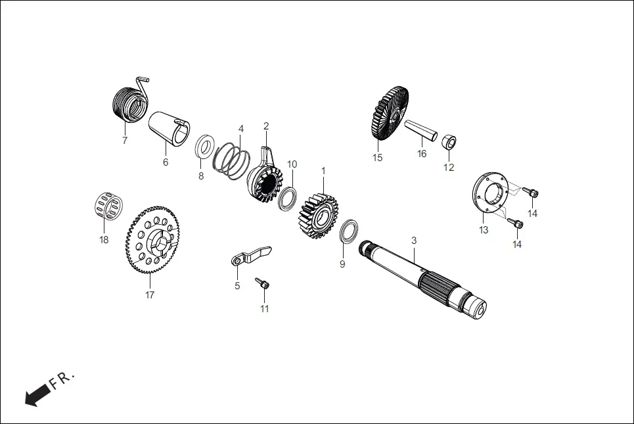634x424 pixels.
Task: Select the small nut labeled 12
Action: tap(449, 141)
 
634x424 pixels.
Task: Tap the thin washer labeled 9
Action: tap(349, 233)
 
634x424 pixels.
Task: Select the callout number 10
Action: tap(292, 164)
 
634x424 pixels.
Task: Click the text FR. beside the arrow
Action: tap(64, 379)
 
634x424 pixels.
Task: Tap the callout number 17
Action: tap(150, 295)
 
